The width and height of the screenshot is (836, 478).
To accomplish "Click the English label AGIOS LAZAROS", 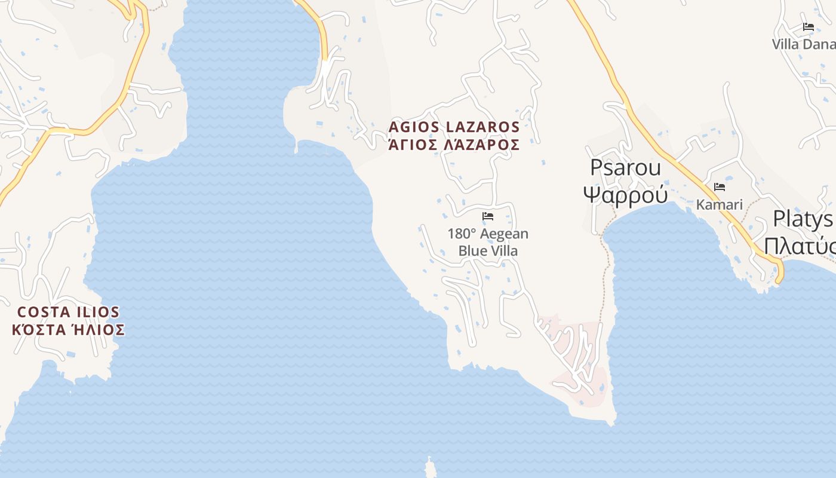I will (454, 127).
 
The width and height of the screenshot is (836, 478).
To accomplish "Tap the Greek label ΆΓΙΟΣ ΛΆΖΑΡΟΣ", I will (454, 145).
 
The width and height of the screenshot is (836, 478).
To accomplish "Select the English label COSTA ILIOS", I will (68, 312).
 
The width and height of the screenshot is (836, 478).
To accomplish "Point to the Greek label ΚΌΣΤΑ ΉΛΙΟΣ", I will (68, 330).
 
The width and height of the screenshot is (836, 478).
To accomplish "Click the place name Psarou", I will (625, 168).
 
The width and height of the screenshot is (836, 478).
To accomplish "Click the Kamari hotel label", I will (719, 204).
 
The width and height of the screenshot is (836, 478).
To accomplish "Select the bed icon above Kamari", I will (720, 187).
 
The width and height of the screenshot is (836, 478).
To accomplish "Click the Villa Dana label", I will (803, 44).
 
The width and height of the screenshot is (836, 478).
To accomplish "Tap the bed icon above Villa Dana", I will (809, 27).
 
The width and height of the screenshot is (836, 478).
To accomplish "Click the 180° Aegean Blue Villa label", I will (488, 242).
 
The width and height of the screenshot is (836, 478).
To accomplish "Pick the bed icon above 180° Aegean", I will (488, 216).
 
